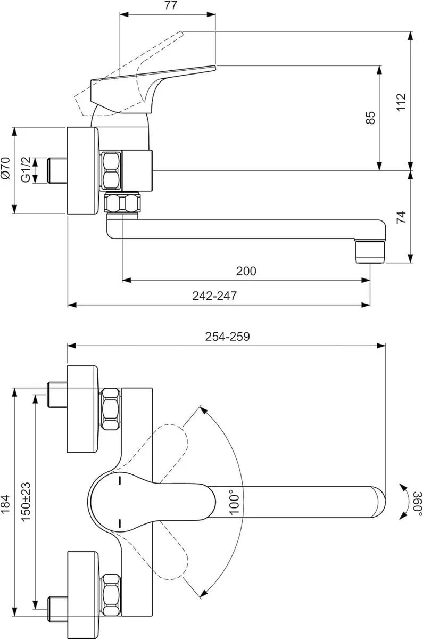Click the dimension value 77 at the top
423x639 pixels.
click(170, 6)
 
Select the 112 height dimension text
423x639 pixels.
click(401, 101)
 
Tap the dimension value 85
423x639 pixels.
click(371, 118)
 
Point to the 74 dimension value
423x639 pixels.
click(401, 217)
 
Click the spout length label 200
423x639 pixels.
click(246, 271)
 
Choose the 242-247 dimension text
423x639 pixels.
click(214, 296)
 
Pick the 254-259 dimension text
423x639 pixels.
click(228, 337)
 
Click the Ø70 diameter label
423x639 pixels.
click(6, 169)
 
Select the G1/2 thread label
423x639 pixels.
click(25, 170)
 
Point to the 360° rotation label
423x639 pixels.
click(418, 503)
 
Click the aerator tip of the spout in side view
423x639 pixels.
click(369, 252)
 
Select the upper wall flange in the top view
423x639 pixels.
click(82, 410)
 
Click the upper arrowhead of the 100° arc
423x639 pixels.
click(202, 409)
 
